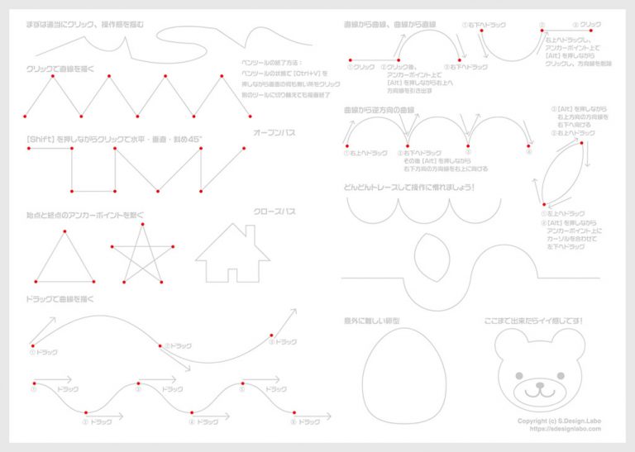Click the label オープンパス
click(x=275, y=132)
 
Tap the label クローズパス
click(x=275, y=212)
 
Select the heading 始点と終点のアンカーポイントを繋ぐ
click(x=86, y=215)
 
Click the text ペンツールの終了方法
click(x=272, y=62)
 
